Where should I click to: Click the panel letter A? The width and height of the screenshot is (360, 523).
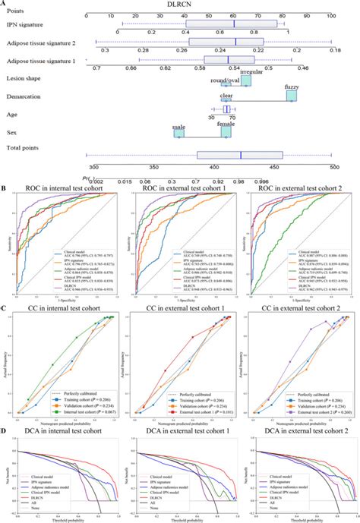point(5,4)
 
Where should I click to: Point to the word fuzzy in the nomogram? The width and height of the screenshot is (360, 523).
point(292,87)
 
